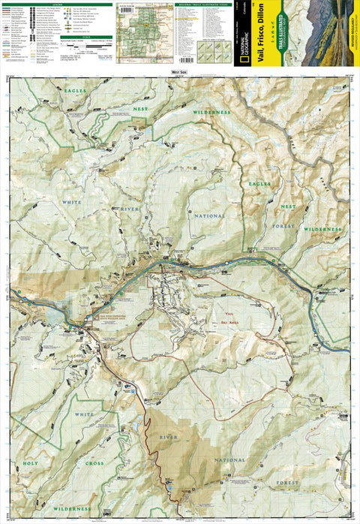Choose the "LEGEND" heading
(56, 3)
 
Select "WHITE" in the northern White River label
(73, 202)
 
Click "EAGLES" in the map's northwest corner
(75, 91)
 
